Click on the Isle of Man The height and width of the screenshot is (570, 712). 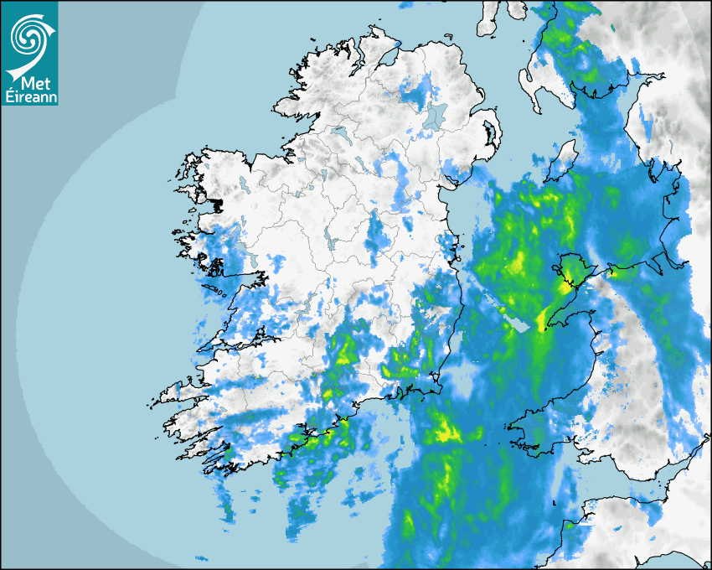click(564, 159)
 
